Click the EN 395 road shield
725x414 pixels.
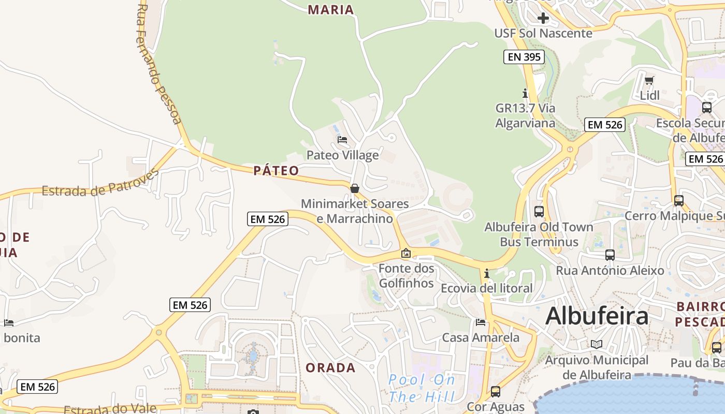524,57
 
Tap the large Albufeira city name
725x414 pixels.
597,315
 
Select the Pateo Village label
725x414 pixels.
342,155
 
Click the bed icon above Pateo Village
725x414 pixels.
342,139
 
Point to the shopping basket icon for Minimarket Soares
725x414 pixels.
355,188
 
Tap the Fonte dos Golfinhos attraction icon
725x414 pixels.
406,253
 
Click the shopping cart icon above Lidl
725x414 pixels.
649,80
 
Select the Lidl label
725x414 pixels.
649,95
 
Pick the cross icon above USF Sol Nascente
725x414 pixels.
543,19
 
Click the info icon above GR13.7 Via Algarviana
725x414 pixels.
525,93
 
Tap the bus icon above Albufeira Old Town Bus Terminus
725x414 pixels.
539,211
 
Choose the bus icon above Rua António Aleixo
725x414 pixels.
610,255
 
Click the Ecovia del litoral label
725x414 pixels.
486,288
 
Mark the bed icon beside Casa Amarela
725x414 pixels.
481,322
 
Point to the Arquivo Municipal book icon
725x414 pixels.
597,344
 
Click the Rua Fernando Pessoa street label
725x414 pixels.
159,65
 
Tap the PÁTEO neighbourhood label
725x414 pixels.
276,171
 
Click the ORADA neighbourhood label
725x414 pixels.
330,368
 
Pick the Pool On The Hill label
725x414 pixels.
422,388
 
